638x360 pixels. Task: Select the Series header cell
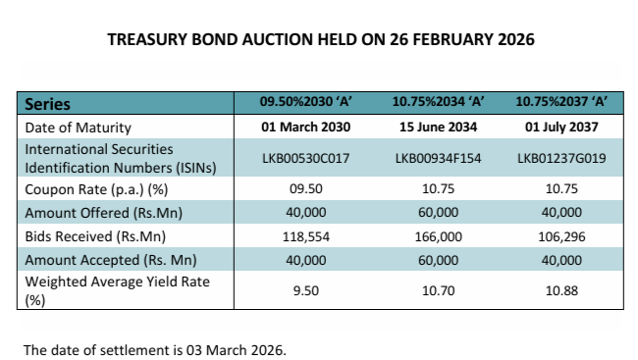47,103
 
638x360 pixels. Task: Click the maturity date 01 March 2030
304,128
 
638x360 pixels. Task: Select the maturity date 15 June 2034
437,128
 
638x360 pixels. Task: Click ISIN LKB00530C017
304,159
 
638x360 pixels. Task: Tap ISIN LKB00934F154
437,159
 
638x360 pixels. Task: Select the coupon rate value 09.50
304,189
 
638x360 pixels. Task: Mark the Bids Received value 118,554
304,237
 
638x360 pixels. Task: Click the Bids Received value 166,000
437,237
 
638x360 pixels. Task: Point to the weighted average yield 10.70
437,291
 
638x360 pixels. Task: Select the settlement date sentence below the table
155,349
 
